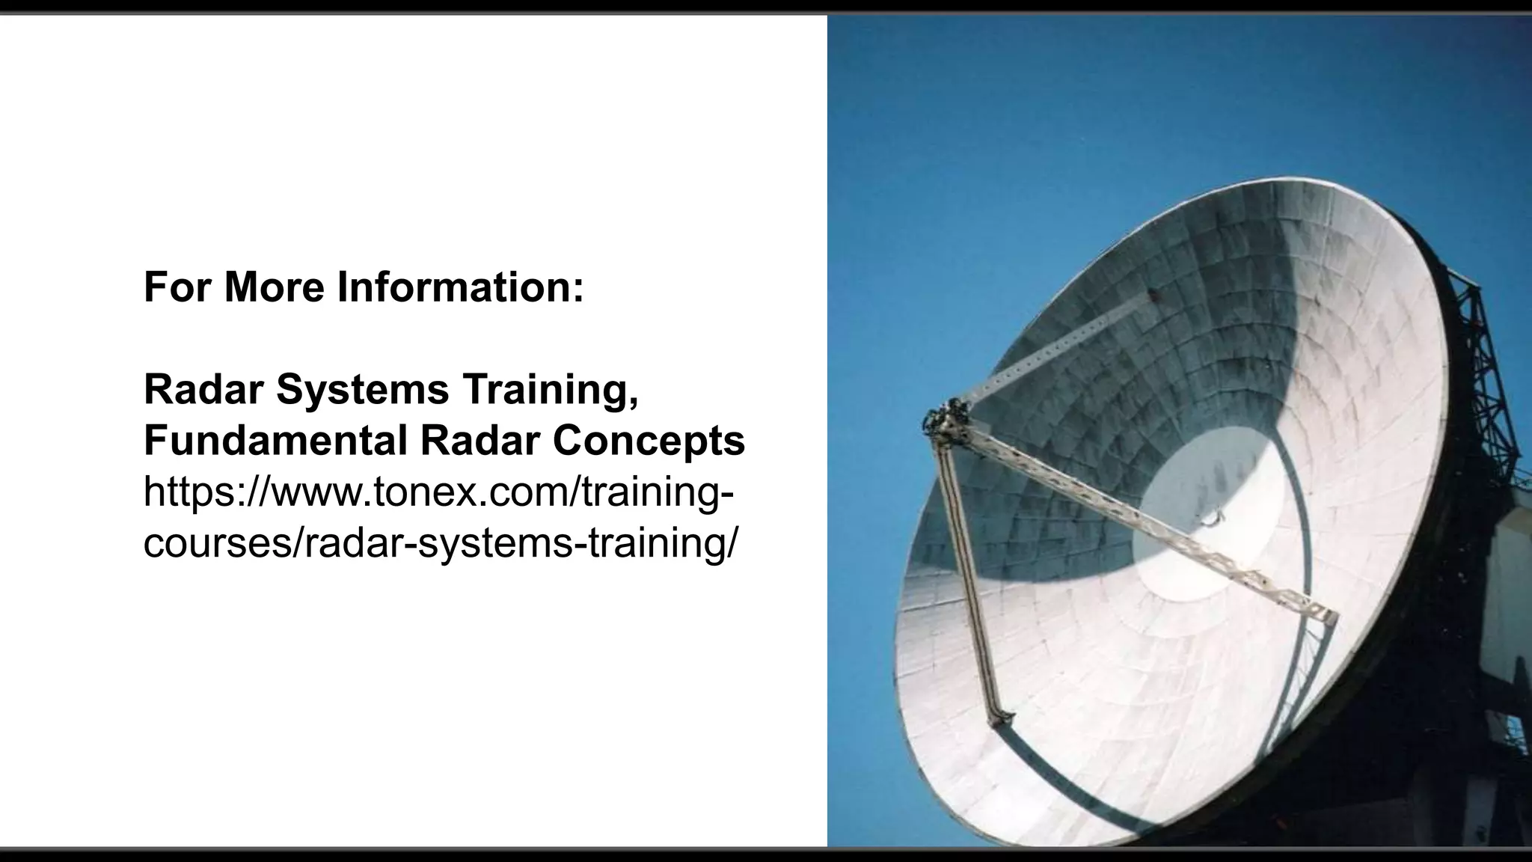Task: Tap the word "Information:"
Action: pos(460,287)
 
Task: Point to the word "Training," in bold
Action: pos(551,391)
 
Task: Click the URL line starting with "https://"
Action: pos(438,492)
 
